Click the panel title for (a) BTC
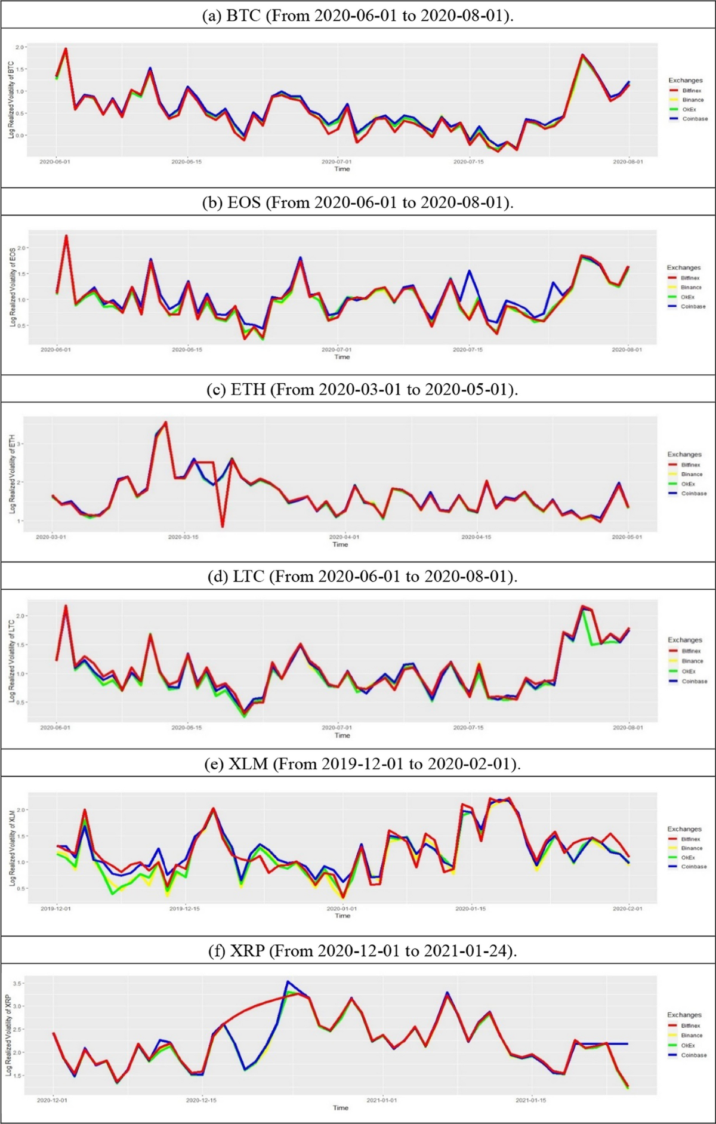(x=358, y=15)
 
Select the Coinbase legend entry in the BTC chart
(x=695, y=119)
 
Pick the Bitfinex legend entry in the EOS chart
(x=691, y=278)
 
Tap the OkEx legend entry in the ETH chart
(x=689, y=484)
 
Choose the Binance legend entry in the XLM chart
(x=692, y=848)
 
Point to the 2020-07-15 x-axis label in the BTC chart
(x=468, y=162)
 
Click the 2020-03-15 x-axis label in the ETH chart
(x=183, y=537)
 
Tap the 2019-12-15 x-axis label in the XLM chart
(x=184, y=909)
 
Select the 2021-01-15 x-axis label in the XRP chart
(x=531, y=1100)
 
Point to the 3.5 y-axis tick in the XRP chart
(x=17, y=983)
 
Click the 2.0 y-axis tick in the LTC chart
(x=20, y=615)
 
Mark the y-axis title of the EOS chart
(x=12, y=287)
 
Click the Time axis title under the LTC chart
(x=342, y=735)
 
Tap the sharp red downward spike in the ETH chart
(x=223, y=526)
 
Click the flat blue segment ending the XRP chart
(x=603, y=1043)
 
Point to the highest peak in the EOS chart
(x=66, y=236)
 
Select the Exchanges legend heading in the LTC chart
(x=684, y=640)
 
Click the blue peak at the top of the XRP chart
(x=288, y=981)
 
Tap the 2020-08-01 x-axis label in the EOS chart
(x=626, y=349)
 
